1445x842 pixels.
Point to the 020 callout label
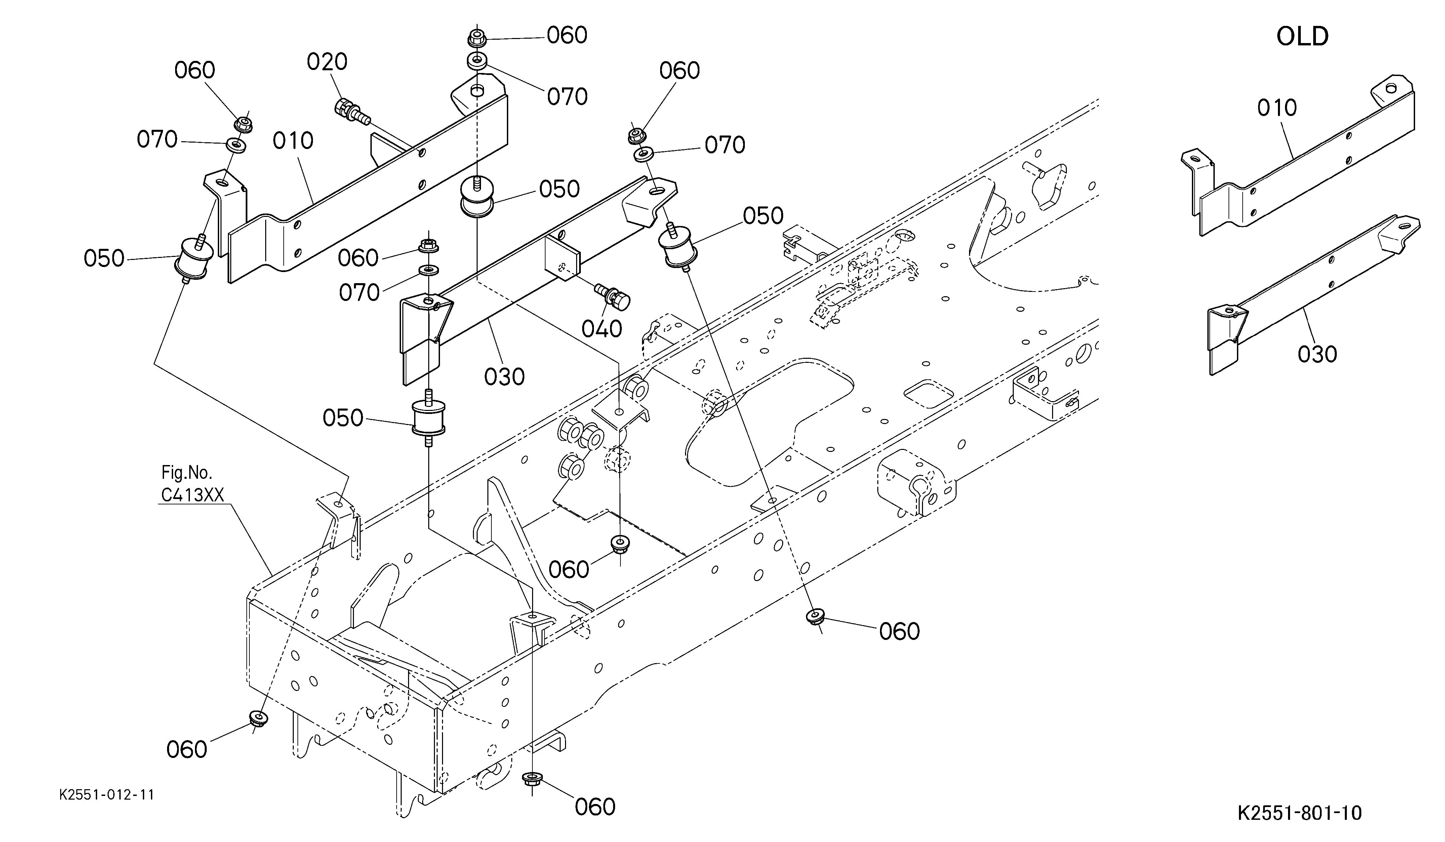[327, 62]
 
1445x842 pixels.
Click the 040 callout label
[602, 329]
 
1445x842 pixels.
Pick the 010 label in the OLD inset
[1277, 108]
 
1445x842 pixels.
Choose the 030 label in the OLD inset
[1317, 354]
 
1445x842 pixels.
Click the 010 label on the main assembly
[293, 141]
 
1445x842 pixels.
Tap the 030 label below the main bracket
[504, 377]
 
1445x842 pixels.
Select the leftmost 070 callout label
[157, 139]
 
